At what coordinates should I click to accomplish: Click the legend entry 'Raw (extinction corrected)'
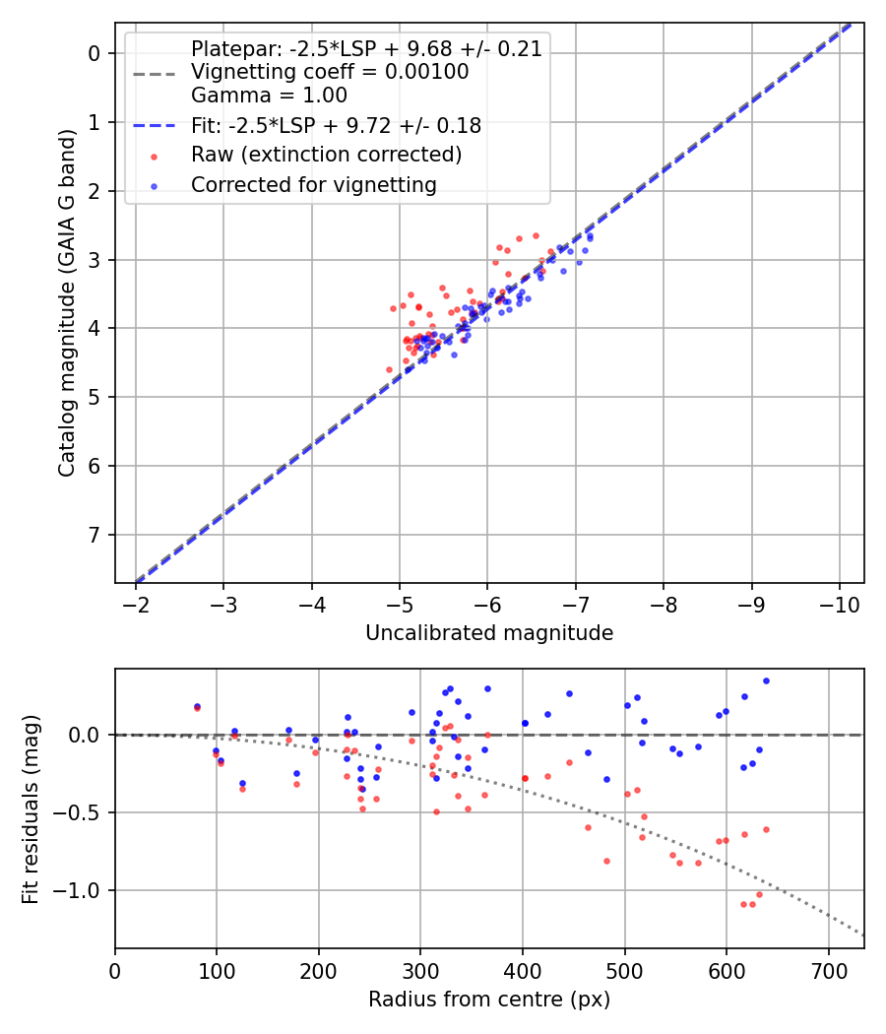coord(326,155)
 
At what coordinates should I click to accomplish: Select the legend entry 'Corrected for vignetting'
coord(313,184)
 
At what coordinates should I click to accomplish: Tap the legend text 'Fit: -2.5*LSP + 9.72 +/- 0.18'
coord(336,125)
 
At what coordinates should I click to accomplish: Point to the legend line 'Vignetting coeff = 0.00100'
coord(330,72)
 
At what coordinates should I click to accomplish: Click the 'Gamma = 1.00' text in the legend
coord(269,96)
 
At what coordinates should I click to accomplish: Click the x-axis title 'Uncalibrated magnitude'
coord(489,633)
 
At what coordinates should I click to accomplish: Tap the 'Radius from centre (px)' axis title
coord(489,1000)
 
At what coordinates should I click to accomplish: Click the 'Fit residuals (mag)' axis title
coord(32,808)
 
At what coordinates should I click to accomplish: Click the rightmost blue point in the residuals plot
coord(766,680)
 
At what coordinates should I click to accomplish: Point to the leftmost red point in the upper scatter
coord(389,369)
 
